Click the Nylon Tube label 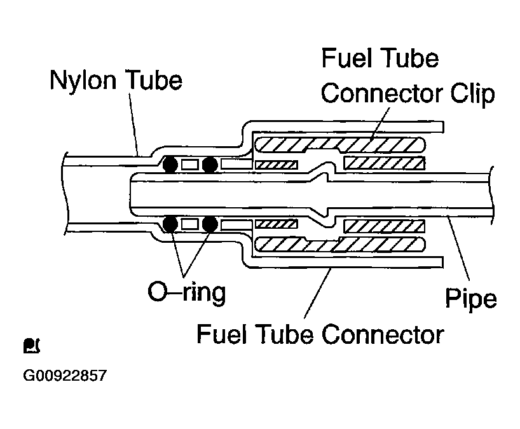pos(116,80)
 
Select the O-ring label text pos(187,292)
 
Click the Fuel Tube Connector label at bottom pos(320,334)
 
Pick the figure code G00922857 pos(65,376)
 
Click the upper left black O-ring pos(170,164)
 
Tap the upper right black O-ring pos(210,165)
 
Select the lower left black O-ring pos(170,224)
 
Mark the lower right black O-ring pos(210,224)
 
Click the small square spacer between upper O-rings pos(190,165)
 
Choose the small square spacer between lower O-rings pos(190,224)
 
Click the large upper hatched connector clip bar pos(340,144)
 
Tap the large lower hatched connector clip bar pos(340,245)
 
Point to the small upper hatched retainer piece pos(277,165)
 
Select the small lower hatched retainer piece pos(277,224)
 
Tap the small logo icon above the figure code pos(32,346)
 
